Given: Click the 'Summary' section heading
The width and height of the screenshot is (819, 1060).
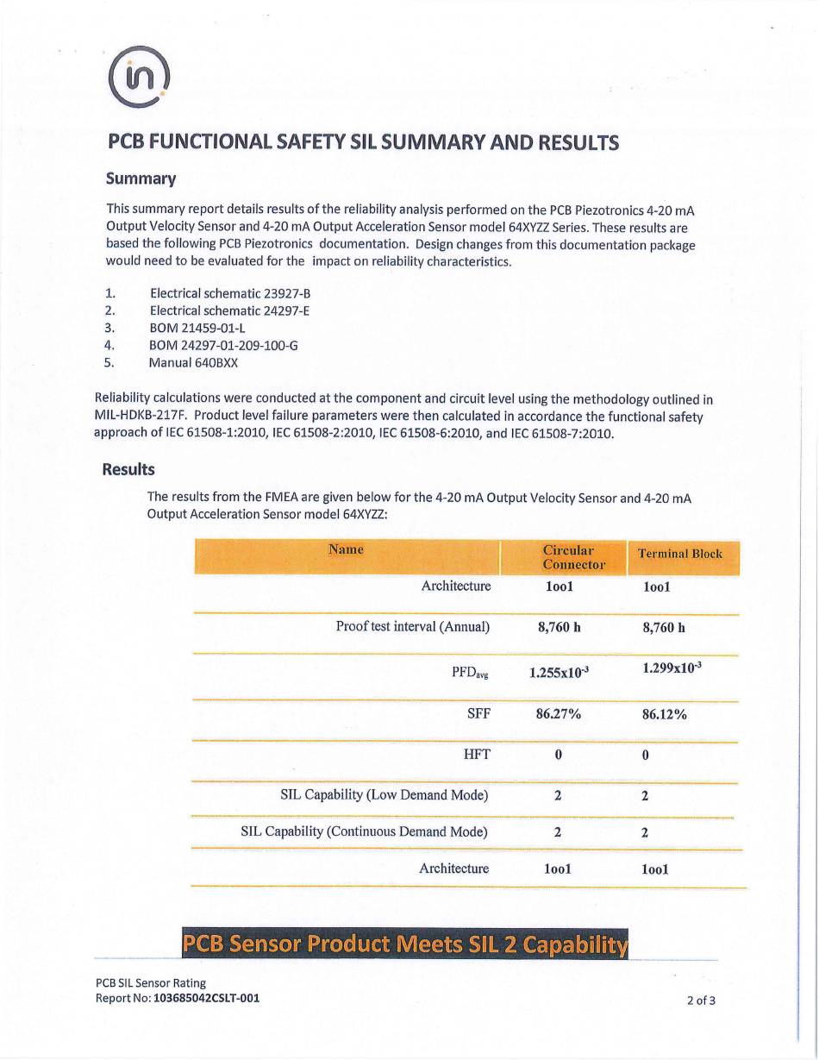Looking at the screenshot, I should click(141, 179).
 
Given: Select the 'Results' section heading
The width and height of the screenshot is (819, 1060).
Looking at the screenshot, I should click(128, 470).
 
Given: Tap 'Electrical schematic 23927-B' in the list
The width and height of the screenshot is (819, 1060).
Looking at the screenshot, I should click(229, 293).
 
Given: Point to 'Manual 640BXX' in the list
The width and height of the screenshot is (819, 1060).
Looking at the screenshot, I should click(193, 362).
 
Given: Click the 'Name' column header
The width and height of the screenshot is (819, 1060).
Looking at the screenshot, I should click(346, 549).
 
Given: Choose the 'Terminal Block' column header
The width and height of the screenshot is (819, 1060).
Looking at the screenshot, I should click(679, 554).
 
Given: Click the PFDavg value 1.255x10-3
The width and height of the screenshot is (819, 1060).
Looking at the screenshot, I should click(560, 674).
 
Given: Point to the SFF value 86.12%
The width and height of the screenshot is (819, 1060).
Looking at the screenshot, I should click(665, 714).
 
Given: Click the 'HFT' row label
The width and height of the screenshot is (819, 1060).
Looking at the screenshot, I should click(477, 755).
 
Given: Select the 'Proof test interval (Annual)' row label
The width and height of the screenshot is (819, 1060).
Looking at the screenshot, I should click(413, 626).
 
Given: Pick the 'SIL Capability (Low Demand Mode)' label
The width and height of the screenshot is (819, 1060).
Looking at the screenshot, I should click(384, 794).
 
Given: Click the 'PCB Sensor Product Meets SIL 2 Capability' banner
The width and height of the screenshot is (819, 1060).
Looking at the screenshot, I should click(405, 944).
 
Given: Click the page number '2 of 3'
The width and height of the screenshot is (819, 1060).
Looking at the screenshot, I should click(701, 1001).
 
